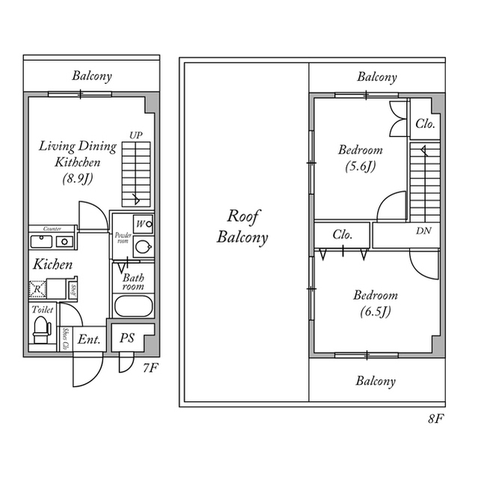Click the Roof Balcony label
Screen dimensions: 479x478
243,227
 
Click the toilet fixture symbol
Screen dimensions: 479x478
42,326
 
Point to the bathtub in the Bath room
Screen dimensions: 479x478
133,307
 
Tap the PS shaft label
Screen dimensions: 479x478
127,338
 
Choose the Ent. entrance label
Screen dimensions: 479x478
89,339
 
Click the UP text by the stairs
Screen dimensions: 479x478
135,135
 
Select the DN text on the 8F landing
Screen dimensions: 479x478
423,231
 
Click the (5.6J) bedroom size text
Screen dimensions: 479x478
360,166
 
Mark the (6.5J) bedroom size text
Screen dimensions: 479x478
375,311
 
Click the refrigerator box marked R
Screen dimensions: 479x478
36,287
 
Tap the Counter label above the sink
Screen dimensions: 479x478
52,228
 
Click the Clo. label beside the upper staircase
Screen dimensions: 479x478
426,124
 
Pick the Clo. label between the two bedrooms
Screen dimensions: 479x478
343,234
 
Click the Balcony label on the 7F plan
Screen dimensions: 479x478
92,75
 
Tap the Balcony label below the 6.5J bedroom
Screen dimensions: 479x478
376,382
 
